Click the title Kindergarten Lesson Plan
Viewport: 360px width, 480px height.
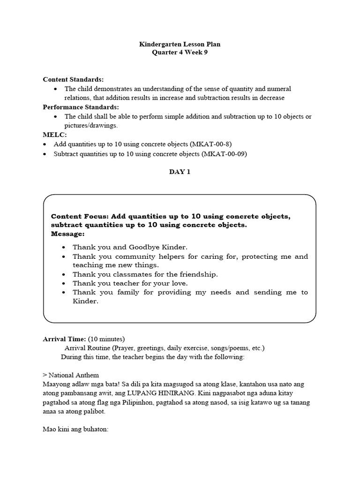(180, 44)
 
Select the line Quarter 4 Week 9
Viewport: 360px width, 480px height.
(180, 52)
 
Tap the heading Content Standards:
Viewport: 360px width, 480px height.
(73, 80)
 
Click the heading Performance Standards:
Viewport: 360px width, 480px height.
(81, 107)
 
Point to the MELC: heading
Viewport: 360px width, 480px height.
(55, 135)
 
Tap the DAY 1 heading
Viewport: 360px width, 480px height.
(180, 172)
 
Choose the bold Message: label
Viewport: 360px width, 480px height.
(67, 233)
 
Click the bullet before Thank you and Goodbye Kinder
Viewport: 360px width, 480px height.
(63, 247)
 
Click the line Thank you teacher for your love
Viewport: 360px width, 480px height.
(130, 283)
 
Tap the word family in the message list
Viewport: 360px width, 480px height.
(127, 292)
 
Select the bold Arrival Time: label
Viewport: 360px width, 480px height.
(64, 339)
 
